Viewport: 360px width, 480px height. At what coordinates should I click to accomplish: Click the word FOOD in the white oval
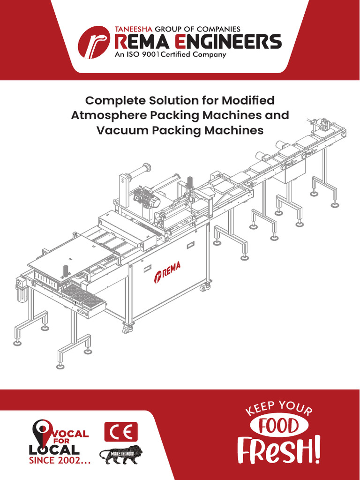(280, 427)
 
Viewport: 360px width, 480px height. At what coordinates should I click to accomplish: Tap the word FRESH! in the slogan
(280, 450)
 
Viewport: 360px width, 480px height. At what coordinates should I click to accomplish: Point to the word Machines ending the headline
(234, 130)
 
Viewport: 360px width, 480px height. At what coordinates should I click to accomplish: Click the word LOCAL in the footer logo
(54, 450)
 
